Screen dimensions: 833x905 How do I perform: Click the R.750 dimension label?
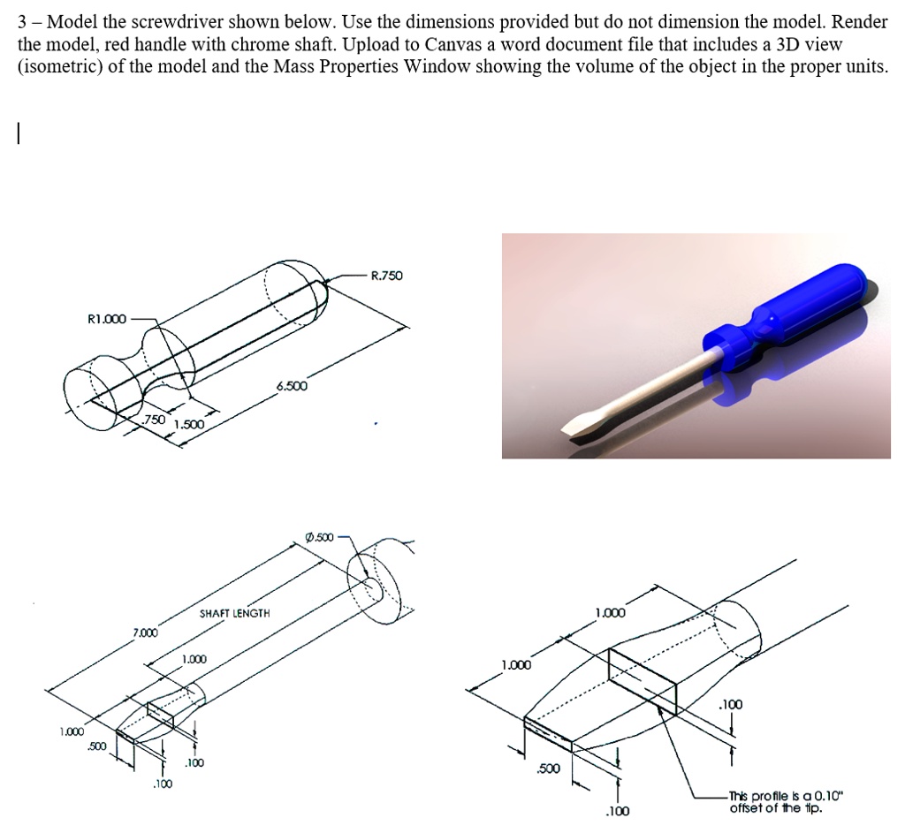(x=386, y=276)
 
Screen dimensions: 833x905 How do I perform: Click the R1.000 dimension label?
(x=107, y=318)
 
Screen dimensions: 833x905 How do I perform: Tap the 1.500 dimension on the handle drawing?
(x=189, y=426)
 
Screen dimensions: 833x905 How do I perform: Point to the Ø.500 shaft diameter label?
(x=318, y=537)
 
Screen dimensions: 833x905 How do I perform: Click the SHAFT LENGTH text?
(x=234, y=612)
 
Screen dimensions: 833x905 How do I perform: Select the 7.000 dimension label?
(x=146, y=633)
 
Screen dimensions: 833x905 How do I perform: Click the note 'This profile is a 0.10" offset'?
(x=787, y=800)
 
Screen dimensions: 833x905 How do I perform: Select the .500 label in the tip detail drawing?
(x=550, y=769)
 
